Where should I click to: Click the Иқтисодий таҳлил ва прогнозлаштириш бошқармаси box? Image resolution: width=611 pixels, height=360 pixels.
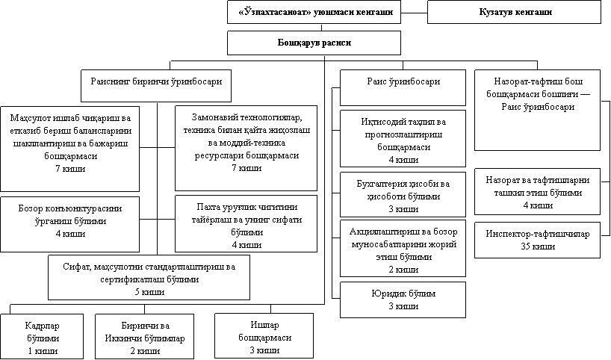pos(403,138)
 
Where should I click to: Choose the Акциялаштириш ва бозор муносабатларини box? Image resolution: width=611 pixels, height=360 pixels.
pos(403,248)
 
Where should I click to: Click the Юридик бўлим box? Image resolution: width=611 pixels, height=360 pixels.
pos(403,299)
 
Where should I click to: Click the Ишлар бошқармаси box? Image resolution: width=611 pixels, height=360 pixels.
pos(258,338)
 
